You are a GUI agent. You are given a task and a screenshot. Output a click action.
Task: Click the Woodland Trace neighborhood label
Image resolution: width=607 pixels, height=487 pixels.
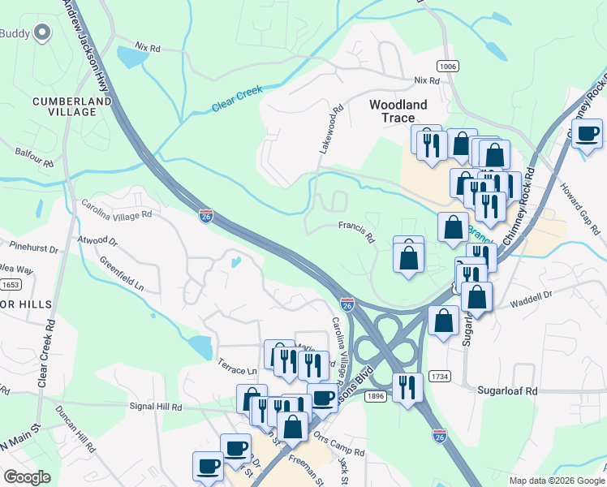[398, 110]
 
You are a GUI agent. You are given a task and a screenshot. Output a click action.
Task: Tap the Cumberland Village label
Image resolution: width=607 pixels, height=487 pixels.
[65, 106]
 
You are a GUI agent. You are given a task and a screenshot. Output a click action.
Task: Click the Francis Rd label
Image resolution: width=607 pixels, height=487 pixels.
[355, 233]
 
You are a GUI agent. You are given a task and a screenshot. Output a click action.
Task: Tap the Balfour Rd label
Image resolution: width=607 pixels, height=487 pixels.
[34, 157]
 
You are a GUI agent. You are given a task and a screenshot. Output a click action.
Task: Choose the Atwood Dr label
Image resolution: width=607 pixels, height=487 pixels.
[97, 241]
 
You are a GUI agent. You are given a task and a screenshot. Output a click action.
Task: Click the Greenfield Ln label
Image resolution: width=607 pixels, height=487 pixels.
[122, 274]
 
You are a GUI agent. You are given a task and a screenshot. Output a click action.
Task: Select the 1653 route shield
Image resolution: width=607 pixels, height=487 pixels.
[11, 285]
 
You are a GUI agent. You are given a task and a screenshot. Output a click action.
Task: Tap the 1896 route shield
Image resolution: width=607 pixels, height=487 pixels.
[374, 395]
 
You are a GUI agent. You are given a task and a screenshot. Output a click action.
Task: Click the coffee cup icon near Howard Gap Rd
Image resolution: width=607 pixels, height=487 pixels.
[588, 132]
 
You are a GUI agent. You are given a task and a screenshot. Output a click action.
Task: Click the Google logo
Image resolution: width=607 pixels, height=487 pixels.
[27, 476]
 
